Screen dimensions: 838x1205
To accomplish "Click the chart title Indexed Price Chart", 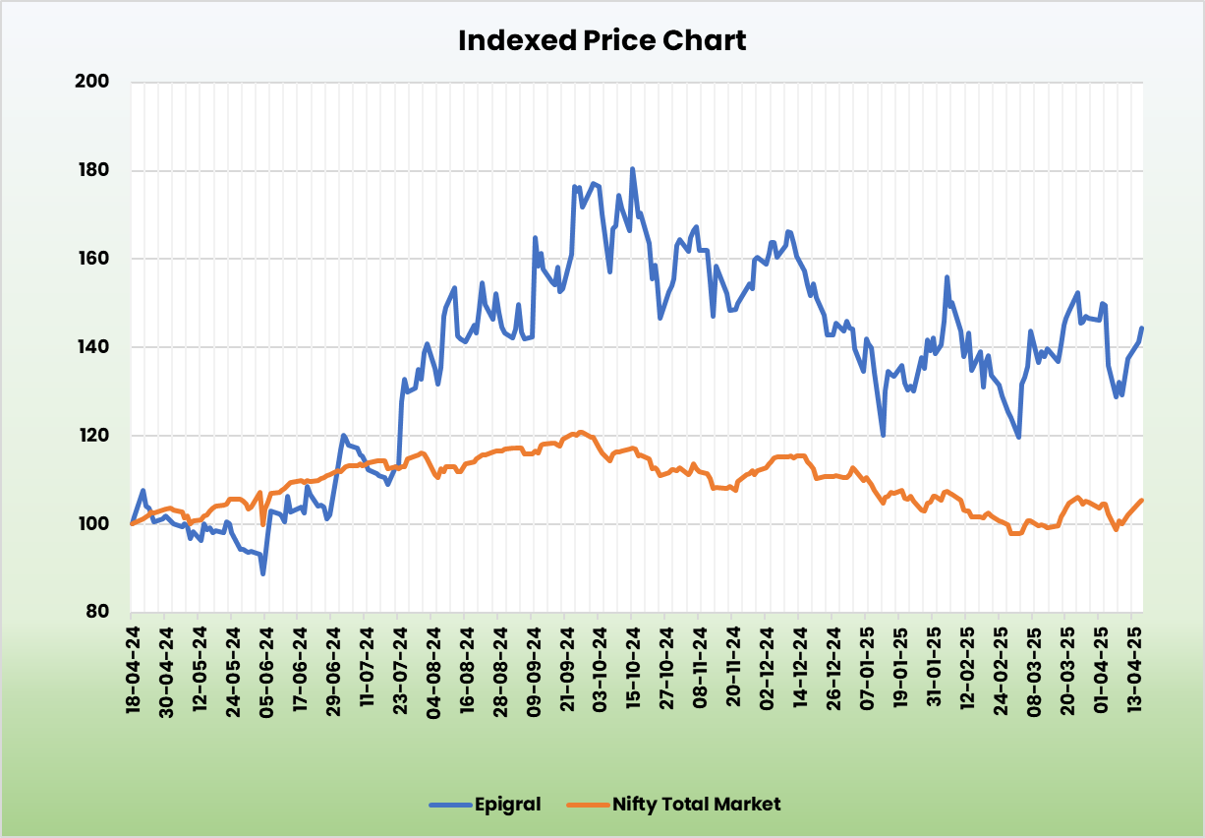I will click(602, 41).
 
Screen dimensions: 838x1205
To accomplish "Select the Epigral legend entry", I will click(506, 805).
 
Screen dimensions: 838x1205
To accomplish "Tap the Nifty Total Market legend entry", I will click(696, 805).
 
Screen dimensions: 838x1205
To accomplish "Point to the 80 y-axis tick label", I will click(95, 612).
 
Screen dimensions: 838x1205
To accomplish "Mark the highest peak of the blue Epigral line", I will click(632, 169).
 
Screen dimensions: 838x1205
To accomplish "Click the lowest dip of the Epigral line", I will click(262, 573).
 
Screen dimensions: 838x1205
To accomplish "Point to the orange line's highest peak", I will click(581, 432).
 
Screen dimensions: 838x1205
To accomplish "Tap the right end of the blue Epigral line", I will click(1142, 329).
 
